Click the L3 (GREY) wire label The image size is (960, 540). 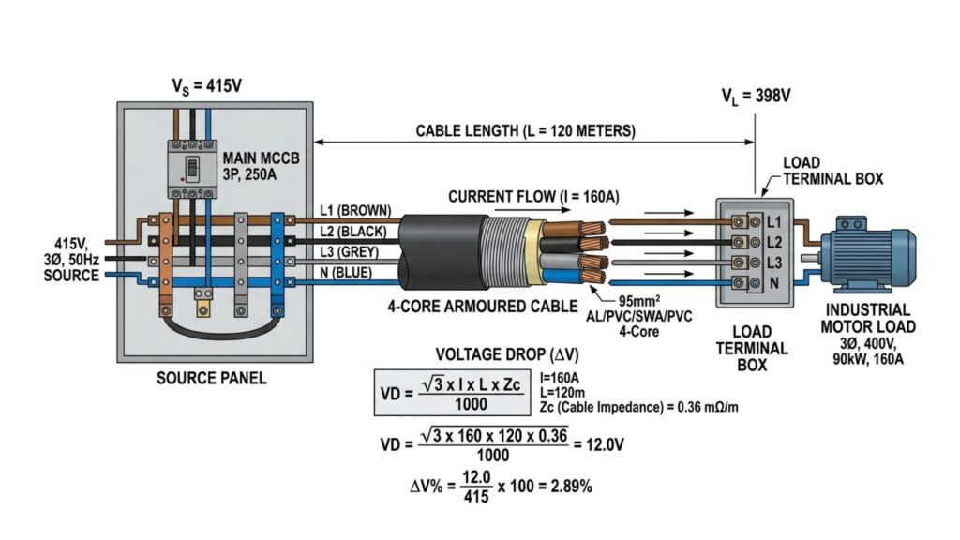[348, 251]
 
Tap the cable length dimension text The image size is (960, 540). [525, 129]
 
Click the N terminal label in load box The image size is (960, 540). [773, 282]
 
